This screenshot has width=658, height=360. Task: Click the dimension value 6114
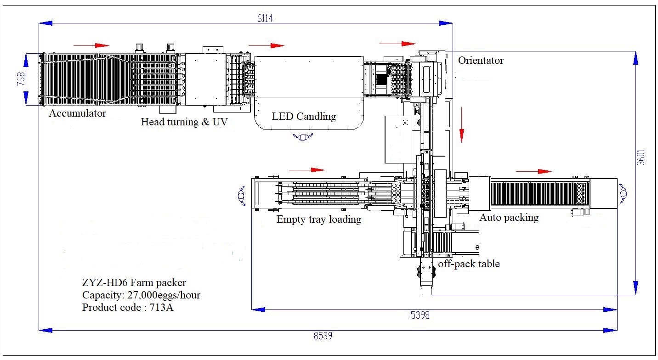(265, 18)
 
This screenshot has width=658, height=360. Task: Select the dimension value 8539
(323, 336)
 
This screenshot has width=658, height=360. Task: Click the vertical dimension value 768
(19, 79)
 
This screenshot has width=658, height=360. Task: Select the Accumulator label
(78, 113)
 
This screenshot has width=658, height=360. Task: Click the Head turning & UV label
(184, 122)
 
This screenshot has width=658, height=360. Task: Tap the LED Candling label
(304, 116)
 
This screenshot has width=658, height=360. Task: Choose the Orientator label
(481, 61)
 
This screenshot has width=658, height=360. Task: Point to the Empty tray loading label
(318, 219)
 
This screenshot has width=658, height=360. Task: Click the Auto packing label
(509, 217)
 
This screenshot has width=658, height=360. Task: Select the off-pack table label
(469, 264)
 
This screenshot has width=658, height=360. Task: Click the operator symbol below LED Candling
(303, 136)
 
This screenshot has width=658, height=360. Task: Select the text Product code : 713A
(128, 307)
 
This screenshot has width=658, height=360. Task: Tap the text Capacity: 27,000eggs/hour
(141, 295)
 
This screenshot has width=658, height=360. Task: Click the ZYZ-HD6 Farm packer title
(134, 282)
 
